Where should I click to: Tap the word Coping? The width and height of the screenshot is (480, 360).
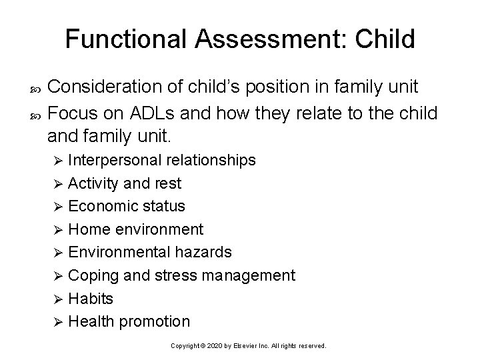point(91,275)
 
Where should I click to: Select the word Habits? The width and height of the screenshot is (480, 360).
point(91,298)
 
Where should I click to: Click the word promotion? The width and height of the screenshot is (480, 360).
point(156,321)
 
